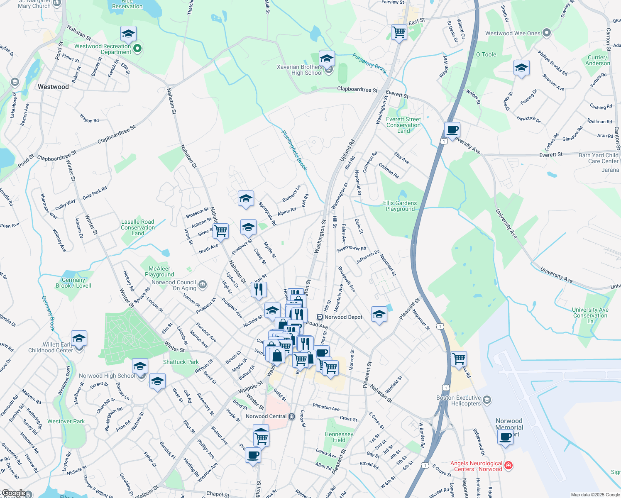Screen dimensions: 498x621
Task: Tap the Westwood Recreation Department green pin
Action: coord(137,49)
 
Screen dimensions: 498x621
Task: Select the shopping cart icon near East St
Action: coord(399,32)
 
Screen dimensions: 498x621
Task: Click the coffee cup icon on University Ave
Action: coord(452,129)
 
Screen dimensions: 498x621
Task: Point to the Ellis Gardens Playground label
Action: coord(400,206)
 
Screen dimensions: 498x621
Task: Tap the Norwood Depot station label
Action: coord(343,317)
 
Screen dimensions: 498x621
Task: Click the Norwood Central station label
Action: coord(266,416)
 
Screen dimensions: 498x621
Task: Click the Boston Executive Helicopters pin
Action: coord(487,400)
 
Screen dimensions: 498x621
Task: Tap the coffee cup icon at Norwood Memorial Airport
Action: coord(506,437)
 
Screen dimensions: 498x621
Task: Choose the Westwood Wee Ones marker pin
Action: coord(547,33)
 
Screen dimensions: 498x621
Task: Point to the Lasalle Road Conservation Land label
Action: coord(138,227)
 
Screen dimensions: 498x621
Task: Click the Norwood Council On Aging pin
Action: coord(203,285)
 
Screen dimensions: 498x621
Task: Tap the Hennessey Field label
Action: coord(339,437)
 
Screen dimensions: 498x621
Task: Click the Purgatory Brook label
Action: coord(369,63)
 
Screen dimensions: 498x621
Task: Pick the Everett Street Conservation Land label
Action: coord(403,125)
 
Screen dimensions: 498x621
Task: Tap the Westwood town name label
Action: coord(53,87)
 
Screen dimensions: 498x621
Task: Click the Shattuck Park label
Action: coord(181,362)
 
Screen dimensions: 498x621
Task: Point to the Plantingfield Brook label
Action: coord(294,150)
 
